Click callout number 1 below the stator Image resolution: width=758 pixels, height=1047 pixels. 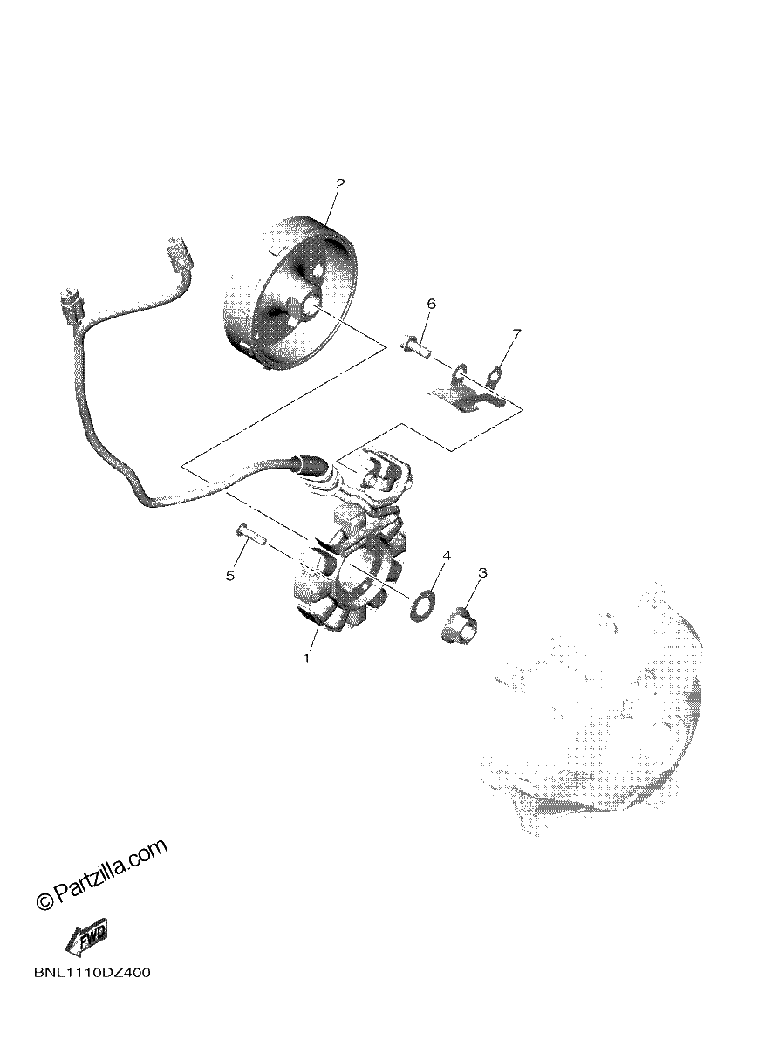(307, 659)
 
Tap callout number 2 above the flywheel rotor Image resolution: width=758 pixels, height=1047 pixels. (340, 184)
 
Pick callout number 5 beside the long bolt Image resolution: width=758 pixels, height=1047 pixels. (230, 575)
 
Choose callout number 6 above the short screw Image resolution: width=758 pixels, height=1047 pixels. (431, 304)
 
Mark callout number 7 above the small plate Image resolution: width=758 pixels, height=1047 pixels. (516, 333)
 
